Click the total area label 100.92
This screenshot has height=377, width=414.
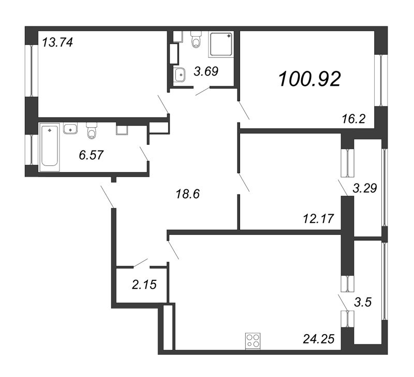tap(309, 79)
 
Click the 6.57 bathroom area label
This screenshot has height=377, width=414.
tap(91, 154)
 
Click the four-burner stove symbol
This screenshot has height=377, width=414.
tap(253, 340)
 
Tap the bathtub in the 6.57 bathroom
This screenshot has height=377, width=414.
tap(50, 145)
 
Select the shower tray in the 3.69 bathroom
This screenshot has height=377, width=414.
tap(221, 44)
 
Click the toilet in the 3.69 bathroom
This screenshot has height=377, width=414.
tap(196, 39)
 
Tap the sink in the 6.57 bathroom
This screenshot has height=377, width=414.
tap(70, 128)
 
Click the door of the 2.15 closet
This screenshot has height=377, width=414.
tap(141, 263)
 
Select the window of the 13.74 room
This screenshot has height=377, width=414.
tap(32, 70)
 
